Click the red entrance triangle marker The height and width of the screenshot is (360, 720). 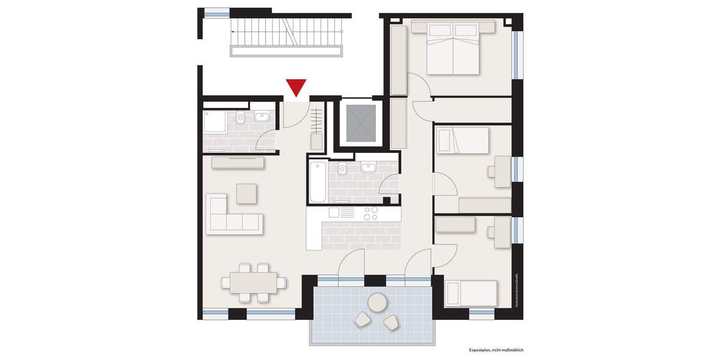coord(296,86)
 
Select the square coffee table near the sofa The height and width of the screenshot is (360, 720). coord(247,193)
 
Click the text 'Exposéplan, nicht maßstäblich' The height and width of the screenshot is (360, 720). coord(497,349)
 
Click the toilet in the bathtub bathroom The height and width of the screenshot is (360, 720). coord(342,169)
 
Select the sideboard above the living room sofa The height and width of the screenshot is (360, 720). coord(238,162)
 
